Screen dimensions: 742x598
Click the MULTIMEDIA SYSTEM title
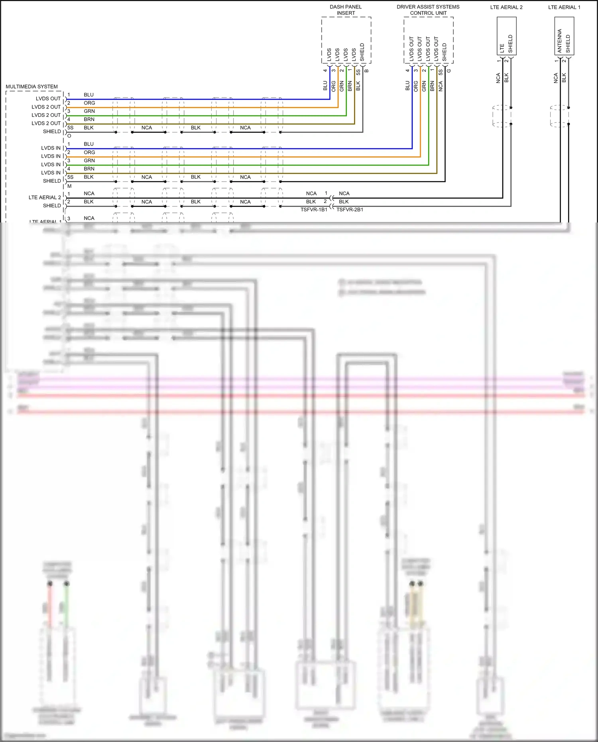click(31, 87)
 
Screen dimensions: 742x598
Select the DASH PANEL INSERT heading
click(346, 10)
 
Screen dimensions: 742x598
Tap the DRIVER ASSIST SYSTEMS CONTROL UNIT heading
click(428, 10)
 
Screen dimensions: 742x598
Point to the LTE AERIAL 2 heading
click(506, 7)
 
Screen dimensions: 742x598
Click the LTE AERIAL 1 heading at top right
click(564, 7)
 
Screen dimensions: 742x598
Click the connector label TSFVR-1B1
click(314, 210)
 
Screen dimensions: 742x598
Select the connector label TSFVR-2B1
click(350, 210)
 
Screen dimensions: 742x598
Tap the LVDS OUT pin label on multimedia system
click(48, 98)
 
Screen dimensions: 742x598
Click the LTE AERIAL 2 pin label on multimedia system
click(45, 197)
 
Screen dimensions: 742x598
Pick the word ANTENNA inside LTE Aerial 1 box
click(559, 41)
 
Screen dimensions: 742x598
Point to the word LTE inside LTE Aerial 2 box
click(502, 48)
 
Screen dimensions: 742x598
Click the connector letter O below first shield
click(69, 136)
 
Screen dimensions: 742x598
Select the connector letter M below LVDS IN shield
click(69, 186)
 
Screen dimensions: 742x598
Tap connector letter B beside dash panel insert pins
click(366, 71)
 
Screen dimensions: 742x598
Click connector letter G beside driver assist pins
click(448, 71)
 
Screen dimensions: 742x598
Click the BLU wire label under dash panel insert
click(325, 86)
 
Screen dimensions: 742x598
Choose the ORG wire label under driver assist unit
click(415, 86)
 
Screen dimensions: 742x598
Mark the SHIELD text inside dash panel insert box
click(362, 52)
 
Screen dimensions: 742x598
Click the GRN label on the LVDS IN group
click(89, 161)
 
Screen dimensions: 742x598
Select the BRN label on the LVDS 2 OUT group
click(89, 119)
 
